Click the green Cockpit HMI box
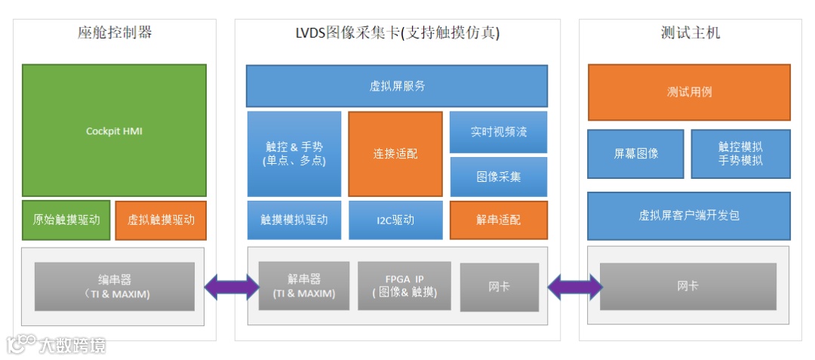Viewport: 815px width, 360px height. (114, 131)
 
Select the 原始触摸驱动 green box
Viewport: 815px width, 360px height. (66, 220)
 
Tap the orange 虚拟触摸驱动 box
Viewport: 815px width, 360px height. (161, 220)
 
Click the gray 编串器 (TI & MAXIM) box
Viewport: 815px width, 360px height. (114, 287)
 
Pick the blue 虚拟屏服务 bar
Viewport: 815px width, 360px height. (397, 86)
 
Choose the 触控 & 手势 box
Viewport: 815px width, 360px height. (294, 153)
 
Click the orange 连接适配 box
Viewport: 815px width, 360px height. (395, 153)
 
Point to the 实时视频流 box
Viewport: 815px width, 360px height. (499, 131)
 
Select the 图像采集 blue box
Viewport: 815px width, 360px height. (499, 177)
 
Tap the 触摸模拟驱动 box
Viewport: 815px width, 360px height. (294, 220)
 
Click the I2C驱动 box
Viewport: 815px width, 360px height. (395, 220)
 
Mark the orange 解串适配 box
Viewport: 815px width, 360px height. (499, 220)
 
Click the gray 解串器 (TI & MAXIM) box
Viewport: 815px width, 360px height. (304, 286)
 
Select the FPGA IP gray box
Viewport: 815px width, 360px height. (404, 286)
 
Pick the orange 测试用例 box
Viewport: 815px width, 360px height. (689, 92)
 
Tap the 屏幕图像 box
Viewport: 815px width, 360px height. (635, 153)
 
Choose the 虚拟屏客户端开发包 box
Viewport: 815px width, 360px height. (689, 215)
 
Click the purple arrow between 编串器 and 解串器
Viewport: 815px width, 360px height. (231, 287)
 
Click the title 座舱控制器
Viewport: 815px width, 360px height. (115, 32)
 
